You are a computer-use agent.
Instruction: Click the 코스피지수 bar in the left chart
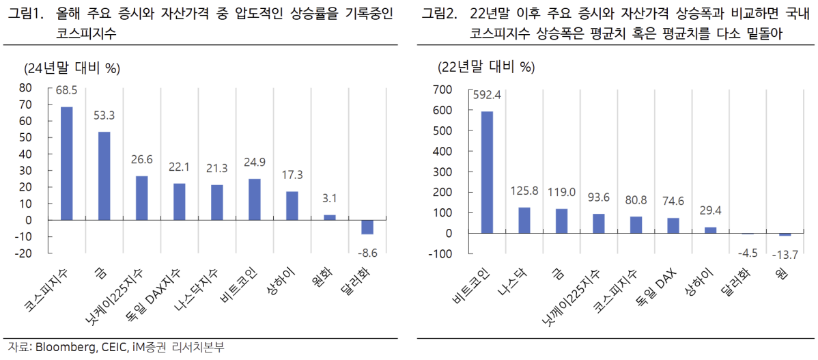pyautogui.click(x=67, y=163)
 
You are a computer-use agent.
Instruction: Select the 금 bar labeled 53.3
pyautogui.click(x=104, y=176)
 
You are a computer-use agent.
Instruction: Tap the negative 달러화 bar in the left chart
pyautogui.click(x=367, y=227)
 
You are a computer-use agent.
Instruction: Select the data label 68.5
pyautogui.click(x=67, y=90)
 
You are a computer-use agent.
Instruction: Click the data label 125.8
pyautogui.click(x=524, y=190)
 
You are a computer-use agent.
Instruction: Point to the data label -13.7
pyautogui.click(x=785, y=254)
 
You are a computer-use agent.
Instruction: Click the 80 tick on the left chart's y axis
pyautogui.click(x=25, y=88)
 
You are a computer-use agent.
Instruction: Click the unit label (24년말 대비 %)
pyautogui.click(x=72, y=68)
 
